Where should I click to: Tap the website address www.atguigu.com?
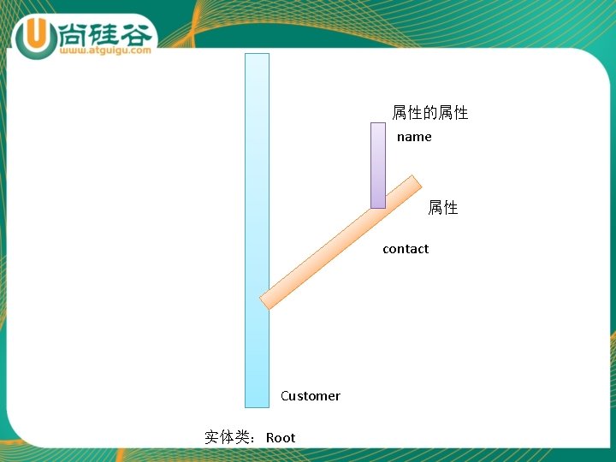pyautogui.click(x=106, y=50)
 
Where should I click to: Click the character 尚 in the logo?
pyautogui.click(x=76, y=33)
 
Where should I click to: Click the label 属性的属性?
pyautogui.click(x=429, y=113)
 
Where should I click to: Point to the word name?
pyautogui.click(x=414, y=137)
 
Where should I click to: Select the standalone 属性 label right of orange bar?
pyautogui.click(x=442, y=208)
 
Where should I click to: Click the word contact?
pyautogui.click(x=406, y=249)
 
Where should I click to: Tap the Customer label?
pyautogui.click(x=310, y=396)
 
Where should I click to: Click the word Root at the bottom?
pyautogui.click(x=281, y=438)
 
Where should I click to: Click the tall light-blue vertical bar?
pyautogui.click(x=257, y=171)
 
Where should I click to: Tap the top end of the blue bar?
pyautogui.click(x=257, y=56)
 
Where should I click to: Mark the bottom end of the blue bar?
pyautogui.click(x=257, y=404)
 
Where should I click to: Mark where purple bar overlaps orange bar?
pyautogui.click(x=378, y=202)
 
